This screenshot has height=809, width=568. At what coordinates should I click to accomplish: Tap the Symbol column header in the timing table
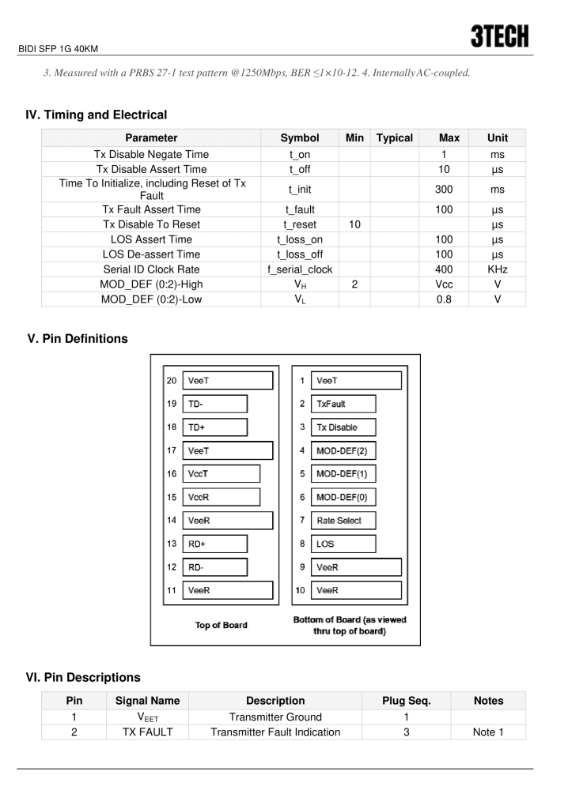pos(300,138)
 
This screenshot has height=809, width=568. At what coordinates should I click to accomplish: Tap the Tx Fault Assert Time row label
pos(147,209)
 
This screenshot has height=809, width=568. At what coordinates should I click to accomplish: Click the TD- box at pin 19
pos(214,404)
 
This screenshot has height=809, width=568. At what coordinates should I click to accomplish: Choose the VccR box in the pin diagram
pos(221,498)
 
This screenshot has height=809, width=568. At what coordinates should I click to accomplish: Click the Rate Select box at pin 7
pos(343,521)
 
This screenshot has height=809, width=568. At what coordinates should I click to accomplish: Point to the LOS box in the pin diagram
pos(343,544)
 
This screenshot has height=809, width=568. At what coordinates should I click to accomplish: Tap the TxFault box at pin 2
pos(343,404)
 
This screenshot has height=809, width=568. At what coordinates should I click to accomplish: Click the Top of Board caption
pos(221,625)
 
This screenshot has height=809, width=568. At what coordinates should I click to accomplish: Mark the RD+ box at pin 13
pos(214,544)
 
